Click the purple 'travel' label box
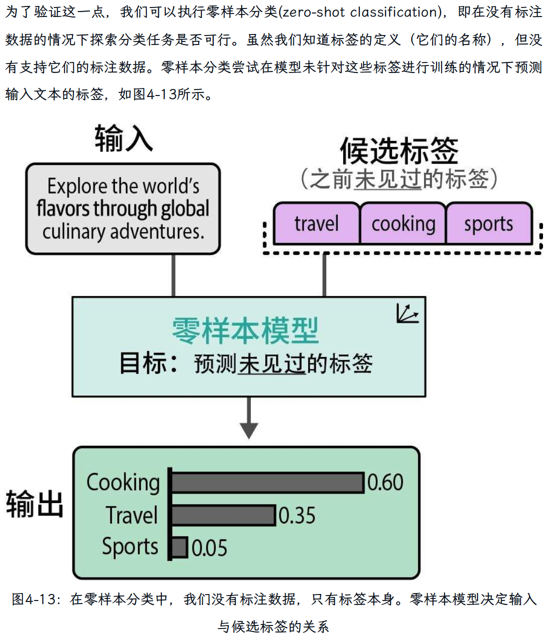point(316,223)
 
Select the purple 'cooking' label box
point(403,223)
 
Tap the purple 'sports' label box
point(488,223)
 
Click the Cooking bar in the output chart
point(268,483)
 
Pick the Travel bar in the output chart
point(223,515)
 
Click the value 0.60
point(385,482)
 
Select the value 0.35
point(297,515)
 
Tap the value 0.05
point(209,548)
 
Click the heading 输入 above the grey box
point(123,138)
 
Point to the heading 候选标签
point(399,150)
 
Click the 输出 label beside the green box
point(34,503)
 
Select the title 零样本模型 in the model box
point(245,330)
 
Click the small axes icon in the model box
point(407,313)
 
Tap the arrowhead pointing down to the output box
point(248,429)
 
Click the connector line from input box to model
point(173,275)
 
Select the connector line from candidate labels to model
point(324,275)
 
